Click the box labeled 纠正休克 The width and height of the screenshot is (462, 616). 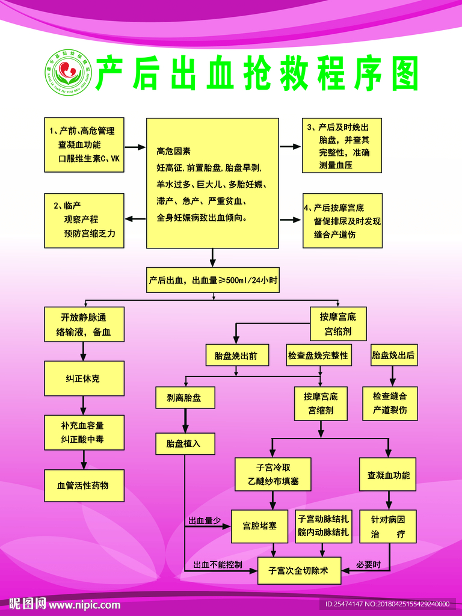point(84,378)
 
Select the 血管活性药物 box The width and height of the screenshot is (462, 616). point(84,485)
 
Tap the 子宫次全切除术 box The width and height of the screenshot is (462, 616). point(299,570)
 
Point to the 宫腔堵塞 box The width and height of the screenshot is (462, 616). point(260,526)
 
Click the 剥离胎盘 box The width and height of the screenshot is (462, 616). point(183,398)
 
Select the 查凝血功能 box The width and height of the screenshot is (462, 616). point(388,475)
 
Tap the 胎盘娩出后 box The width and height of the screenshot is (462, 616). point(393,356)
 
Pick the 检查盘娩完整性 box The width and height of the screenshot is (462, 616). point(318,356)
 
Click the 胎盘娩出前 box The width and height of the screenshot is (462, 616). point(236,356)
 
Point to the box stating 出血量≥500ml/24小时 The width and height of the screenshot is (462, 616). point(213,280)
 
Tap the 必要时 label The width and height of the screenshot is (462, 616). point(368,564)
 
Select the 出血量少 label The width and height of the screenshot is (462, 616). point(205,520)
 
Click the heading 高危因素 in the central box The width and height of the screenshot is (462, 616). point(174,151)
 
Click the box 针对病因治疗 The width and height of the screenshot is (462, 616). point(388,526)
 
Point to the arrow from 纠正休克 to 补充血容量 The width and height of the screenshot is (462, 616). point(84,405)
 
